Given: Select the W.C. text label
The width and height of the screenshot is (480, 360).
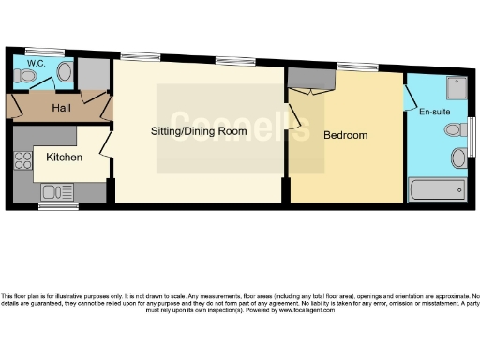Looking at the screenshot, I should [36, 64].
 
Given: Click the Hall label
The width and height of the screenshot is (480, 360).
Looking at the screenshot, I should [62, 109].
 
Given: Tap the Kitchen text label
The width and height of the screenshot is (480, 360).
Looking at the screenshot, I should [64, 157].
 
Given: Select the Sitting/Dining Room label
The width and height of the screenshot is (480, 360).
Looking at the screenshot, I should [199, 131].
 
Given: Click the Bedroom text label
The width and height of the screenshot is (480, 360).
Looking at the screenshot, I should [345, 135].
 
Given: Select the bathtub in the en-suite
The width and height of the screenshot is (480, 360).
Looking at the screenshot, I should [437, 190].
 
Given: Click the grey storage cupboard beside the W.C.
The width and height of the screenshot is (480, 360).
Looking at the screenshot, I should [93, 72].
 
